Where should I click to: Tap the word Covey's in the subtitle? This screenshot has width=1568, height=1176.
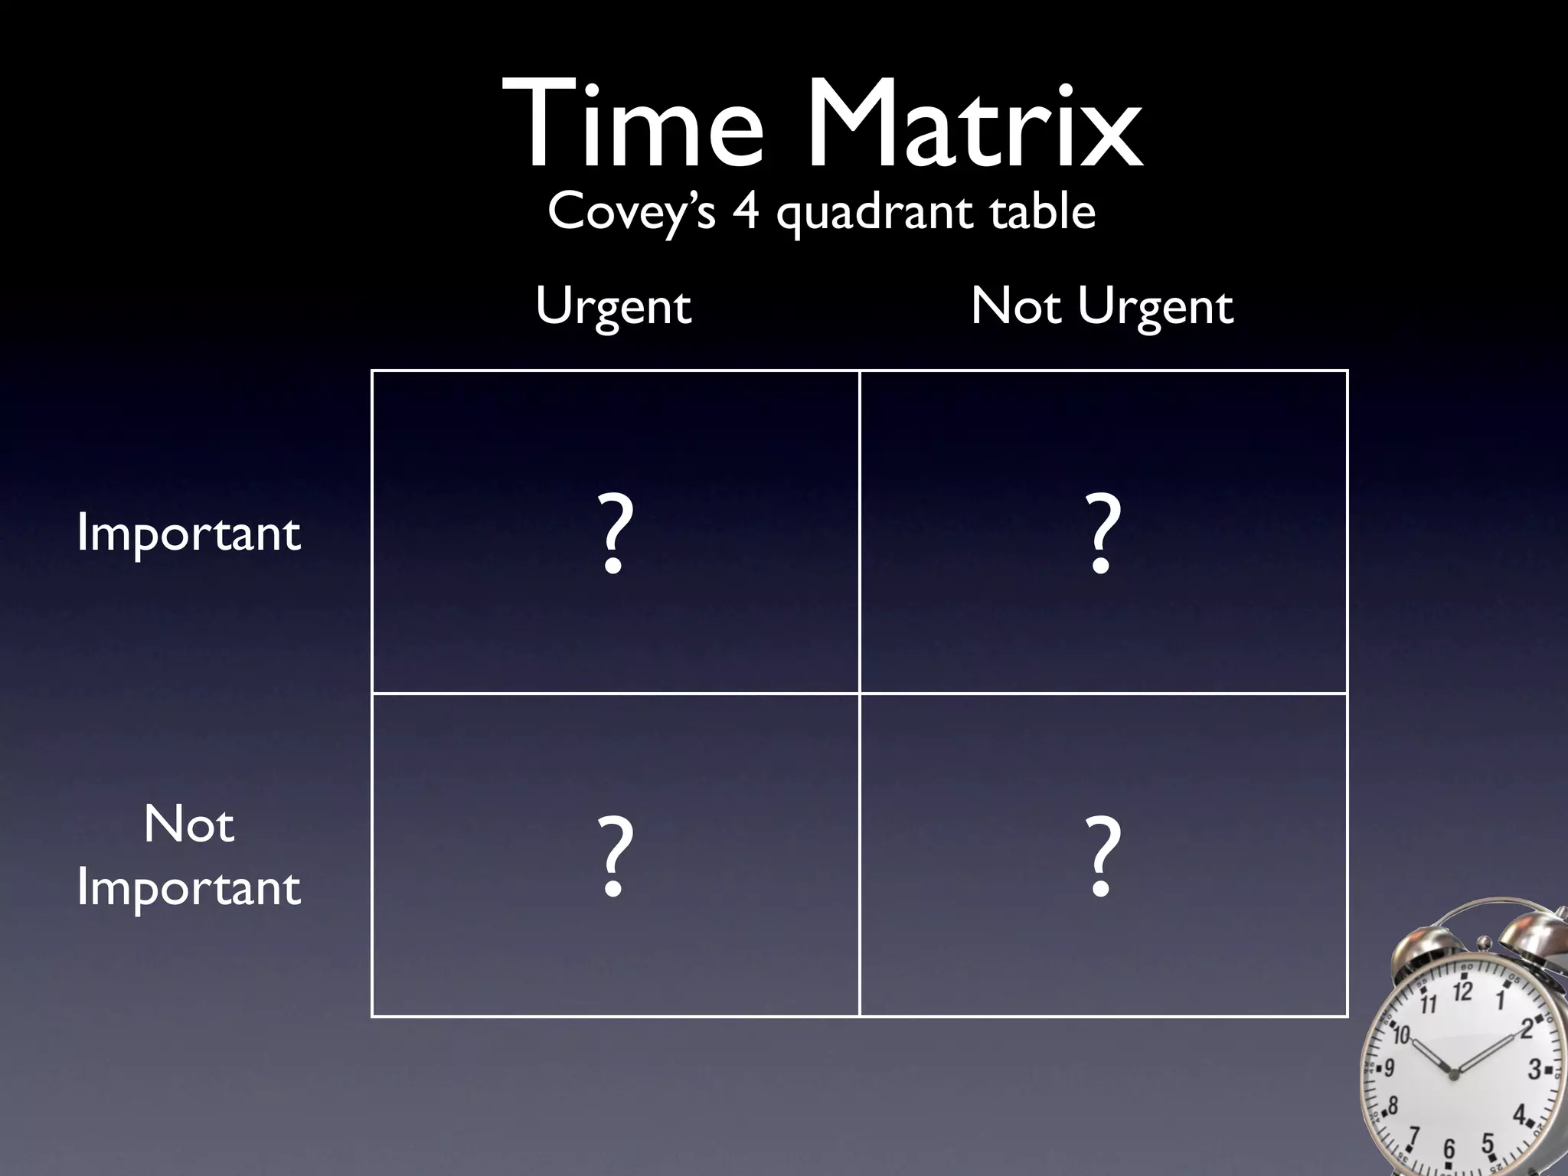coord(631,212)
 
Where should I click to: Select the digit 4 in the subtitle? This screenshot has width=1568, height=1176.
coord(746,211)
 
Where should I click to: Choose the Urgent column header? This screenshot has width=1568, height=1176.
coord(613,307)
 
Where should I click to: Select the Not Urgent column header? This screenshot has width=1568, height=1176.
coord(1102,307)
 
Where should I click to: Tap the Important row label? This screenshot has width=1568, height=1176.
coord(188,534)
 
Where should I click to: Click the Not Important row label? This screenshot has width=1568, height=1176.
coord(188,856)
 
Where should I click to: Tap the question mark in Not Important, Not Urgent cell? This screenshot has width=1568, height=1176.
coord(1103,855)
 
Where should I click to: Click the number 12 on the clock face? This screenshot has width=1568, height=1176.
coord(1462,992)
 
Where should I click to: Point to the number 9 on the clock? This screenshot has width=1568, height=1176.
coord(1389,1067)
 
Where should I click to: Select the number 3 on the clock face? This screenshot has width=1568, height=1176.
coord(1534,1069)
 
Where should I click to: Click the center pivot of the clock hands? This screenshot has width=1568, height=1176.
coord(1454,1074)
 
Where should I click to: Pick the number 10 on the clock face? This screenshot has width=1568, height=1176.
coord(1401,1036)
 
